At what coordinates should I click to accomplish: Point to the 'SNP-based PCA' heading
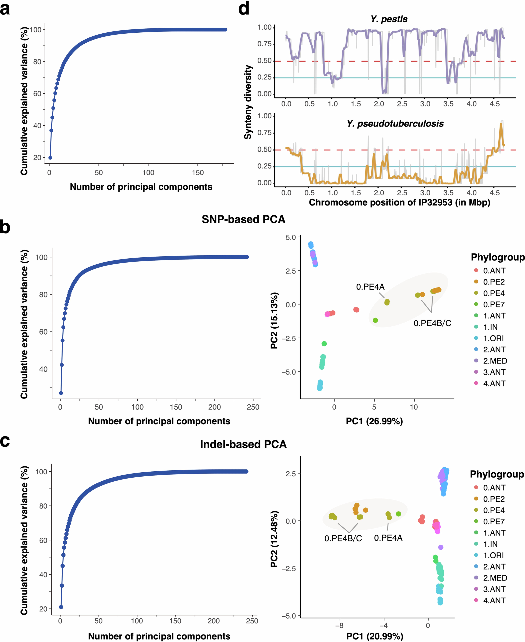(x=243, y=219)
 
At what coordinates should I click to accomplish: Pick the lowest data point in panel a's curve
(x=50, y=158)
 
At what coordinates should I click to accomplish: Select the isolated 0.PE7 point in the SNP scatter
(x=375, y=320)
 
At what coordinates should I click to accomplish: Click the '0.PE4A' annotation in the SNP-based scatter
(x=370, y=287)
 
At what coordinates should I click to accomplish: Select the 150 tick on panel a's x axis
(x=198, y=173)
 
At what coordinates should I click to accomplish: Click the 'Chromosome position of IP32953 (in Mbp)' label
(x=399, y=202)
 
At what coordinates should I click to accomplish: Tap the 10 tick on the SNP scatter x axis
(x=414, y=407)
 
